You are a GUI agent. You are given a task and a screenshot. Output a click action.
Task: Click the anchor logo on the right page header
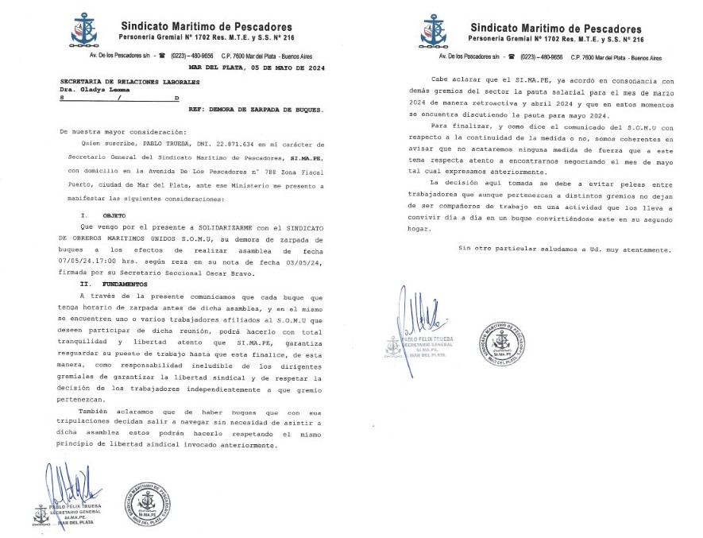coord(434,30)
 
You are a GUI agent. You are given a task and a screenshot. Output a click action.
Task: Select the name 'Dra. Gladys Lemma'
coord(95,91)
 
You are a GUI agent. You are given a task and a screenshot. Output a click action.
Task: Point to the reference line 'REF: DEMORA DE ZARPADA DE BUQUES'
coord(252,110)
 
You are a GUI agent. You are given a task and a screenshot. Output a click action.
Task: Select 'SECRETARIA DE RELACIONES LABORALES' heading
coord(122,81)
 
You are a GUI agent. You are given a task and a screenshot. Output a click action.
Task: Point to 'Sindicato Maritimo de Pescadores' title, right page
coord(555,26)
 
